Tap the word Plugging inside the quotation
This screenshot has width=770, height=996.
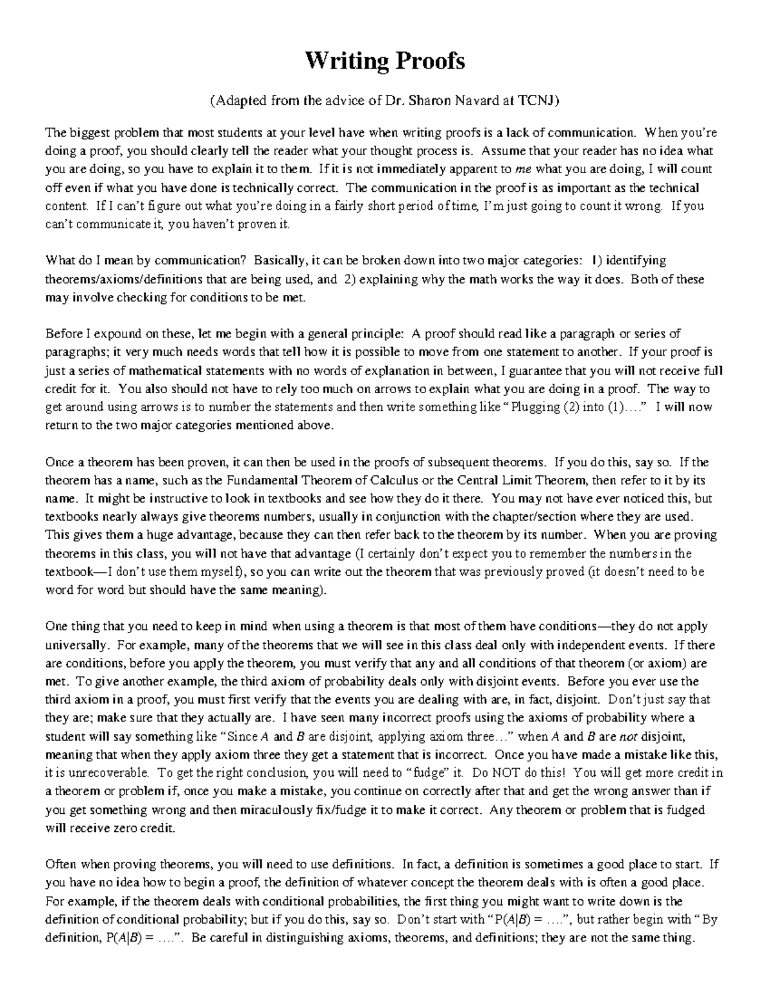535,407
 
